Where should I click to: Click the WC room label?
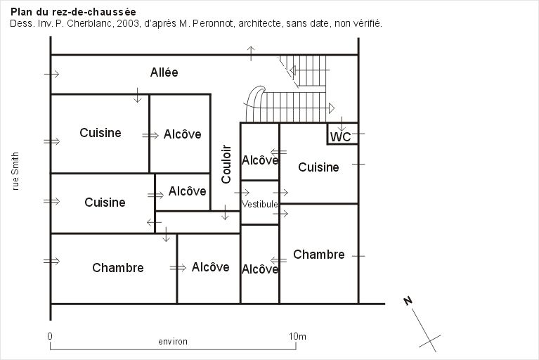[340, 137]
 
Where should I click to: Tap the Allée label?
[164, 72]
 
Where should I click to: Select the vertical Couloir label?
[226, 164]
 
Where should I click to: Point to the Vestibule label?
[259, 204]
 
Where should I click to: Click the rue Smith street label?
[15, 172]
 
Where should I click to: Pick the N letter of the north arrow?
[408, 301]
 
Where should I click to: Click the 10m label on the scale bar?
[297, 336]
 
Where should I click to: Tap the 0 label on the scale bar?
[50, 336]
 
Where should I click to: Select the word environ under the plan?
[173, 342]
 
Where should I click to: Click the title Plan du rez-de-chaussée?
[73, 12]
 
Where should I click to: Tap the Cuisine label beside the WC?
[318, 167]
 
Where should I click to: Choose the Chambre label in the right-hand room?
[318, 255]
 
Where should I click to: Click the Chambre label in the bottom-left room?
[118, 267]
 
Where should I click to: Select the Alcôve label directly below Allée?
[182, 134]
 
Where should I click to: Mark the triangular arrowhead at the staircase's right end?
[332, 108]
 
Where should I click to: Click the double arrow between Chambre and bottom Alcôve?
[178, 268]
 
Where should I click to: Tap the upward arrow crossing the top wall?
[251, 53]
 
